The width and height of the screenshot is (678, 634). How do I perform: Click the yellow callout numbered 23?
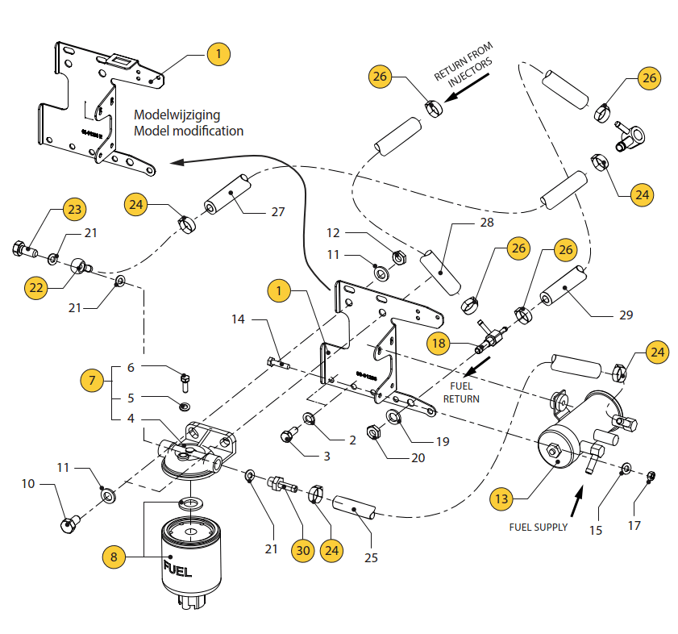[x=74, y=210]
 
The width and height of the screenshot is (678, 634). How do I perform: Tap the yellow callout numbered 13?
[x=501, y=498]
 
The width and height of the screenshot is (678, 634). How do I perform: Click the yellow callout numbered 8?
[x=114, y=556]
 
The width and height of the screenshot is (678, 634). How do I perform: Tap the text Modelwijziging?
[x=177, y=115]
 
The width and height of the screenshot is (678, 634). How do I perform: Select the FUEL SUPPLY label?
[x=538, y=527]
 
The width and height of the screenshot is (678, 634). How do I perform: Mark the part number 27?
[x=277, y=213]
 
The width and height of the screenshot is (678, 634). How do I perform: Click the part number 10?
[x=27, y=484]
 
